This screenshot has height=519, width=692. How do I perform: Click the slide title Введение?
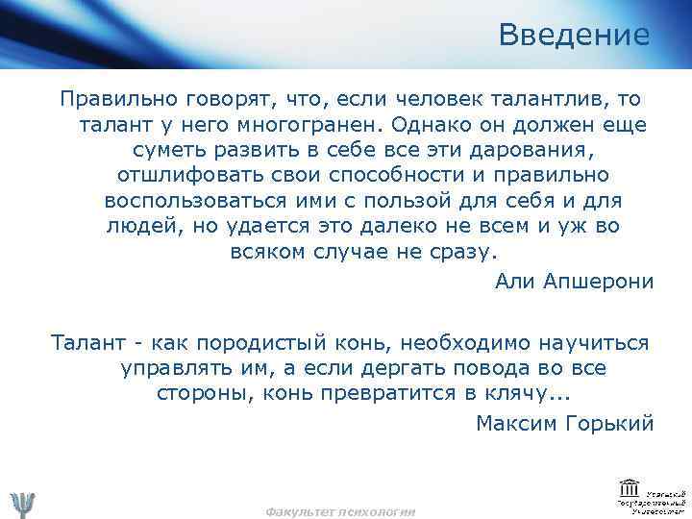(x=574, y=37)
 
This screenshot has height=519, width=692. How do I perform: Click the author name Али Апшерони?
(x=573, y=281)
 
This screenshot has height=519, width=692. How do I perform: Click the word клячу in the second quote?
(x=520, y=394)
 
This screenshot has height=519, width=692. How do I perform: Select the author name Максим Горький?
(x=564, y=423)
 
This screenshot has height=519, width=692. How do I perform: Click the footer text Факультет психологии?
(x=340, y=512)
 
